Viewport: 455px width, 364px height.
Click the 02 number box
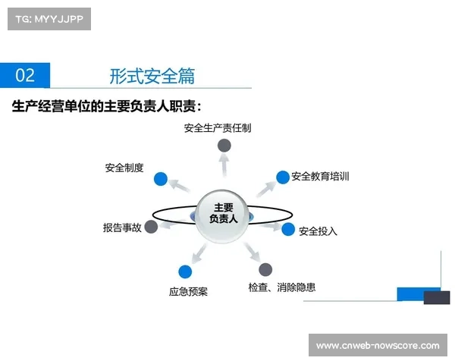coord(25,75)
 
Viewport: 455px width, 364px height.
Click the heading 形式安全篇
coord(152,75)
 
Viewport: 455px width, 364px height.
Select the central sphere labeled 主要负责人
coord(223,213)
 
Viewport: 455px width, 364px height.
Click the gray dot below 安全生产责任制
coord(224,146)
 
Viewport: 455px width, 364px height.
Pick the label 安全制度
coord(124,168)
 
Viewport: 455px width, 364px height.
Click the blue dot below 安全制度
coord(160,180)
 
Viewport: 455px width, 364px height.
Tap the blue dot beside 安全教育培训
coord(283,177)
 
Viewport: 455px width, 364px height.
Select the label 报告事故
coord(122,227)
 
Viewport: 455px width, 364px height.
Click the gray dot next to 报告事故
coord(151,226)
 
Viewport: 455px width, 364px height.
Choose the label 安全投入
coord(318,231)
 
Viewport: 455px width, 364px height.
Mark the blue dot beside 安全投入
coord(288,229)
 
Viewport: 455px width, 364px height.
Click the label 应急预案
coord(188,291)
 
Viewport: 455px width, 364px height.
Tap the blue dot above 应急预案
coord(185,271)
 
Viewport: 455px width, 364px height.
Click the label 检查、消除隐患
coord(281,287)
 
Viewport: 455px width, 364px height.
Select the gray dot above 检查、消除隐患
coord(265,269)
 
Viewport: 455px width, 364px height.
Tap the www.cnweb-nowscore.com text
coord(377,345)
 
